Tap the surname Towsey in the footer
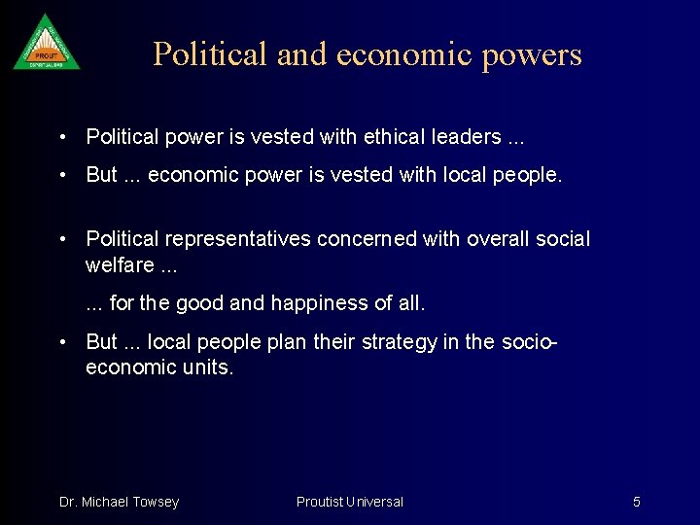[156, 502]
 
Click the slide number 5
[637, 502]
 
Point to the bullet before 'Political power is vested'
[62, 137]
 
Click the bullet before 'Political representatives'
[62, 239]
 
